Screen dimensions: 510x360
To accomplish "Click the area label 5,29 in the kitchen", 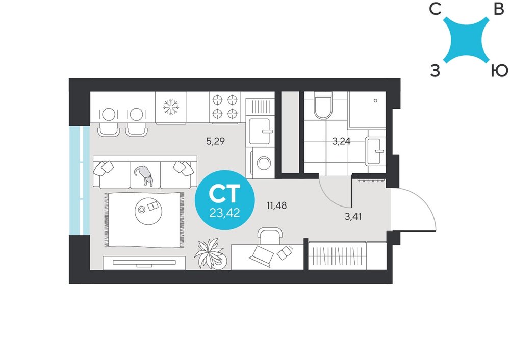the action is [215, 141].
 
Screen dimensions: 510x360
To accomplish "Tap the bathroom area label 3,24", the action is [341, 141].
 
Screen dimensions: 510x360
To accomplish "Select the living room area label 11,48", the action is [276, 205].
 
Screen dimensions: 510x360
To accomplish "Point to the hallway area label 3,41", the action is [353, 216].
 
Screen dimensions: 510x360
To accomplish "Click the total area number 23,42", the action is [224, 213].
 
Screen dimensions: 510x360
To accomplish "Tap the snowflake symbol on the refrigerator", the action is [171, 107].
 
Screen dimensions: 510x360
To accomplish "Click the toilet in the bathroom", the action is [323, 106].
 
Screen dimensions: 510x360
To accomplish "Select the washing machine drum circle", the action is [264, 162].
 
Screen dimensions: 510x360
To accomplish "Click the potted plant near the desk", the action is [210, 254].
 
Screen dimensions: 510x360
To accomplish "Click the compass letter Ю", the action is [499, 70].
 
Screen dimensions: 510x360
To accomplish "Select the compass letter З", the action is [435, 70].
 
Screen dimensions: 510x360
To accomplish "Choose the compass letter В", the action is [499, 9].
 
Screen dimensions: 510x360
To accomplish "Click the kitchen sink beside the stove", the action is [260, 132].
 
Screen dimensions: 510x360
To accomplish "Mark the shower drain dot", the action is [375, 101].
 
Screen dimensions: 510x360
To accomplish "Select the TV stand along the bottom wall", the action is [144, 263].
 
